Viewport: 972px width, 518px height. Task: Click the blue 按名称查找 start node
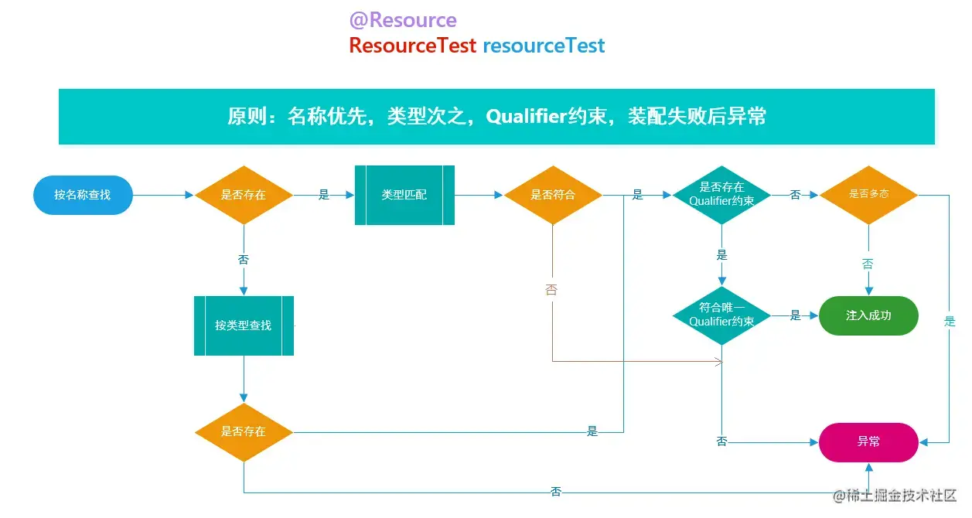click(83, 196)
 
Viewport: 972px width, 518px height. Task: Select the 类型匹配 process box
click(404, 196)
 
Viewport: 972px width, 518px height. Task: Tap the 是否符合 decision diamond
click(553, 196)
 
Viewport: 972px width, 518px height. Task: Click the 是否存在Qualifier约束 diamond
click(721, 195)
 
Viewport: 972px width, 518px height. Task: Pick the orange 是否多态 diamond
click(868, 195)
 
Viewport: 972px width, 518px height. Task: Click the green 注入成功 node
click(868, 316)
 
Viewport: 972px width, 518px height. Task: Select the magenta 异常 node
click(868, 442)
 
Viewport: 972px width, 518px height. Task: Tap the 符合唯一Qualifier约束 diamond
click(721, 315)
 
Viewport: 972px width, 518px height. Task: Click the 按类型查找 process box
click(244, 325)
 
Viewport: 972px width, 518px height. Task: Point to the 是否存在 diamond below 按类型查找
click(244, 432)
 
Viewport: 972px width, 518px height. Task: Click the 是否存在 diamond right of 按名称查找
click(244, 196)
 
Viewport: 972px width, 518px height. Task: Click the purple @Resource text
click(403, 20)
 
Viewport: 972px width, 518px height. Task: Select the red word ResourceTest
click(413, 46)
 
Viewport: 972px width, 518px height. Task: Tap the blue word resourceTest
click(544, 46)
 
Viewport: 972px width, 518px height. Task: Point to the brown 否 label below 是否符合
click(551, 289)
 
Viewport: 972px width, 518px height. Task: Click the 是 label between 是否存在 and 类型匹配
click(324, 194)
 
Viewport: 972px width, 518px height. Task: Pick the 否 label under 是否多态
click(868, 264)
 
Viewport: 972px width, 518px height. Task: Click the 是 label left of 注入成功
click(796, 315)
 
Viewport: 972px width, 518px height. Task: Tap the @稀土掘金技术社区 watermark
click(895, 496)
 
